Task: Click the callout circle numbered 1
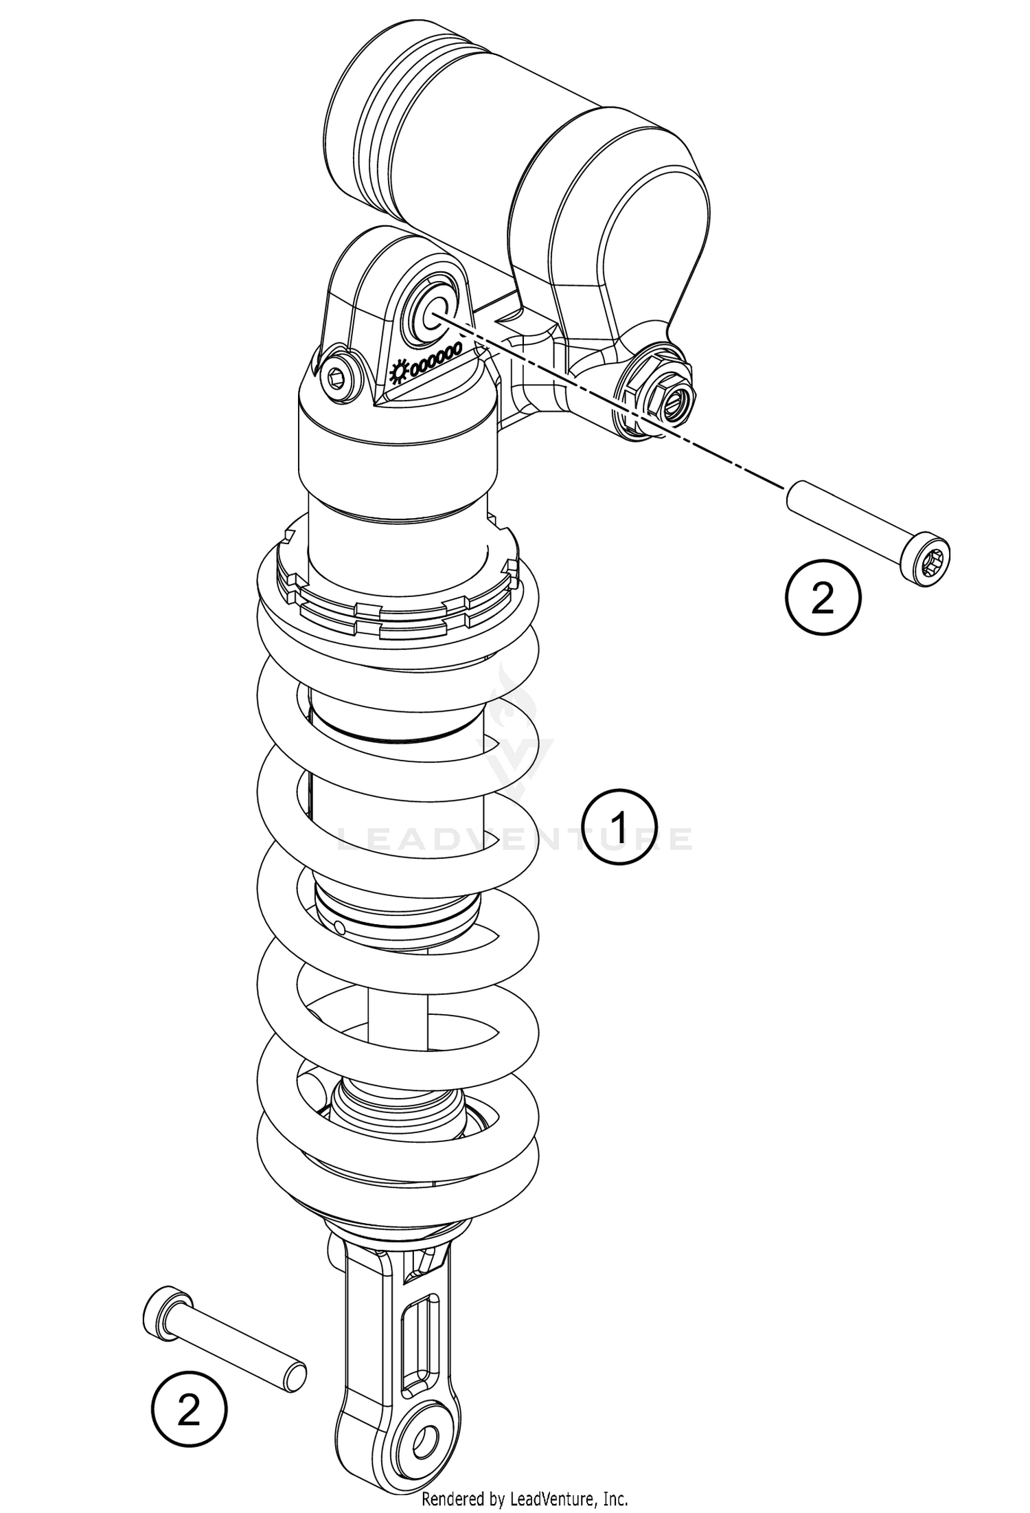(x=619, y=827)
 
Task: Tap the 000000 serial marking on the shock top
(x=435, y=359)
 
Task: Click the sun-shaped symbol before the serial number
(x=397, y=372)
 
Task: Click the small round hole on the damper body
(x=341, y=928)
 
